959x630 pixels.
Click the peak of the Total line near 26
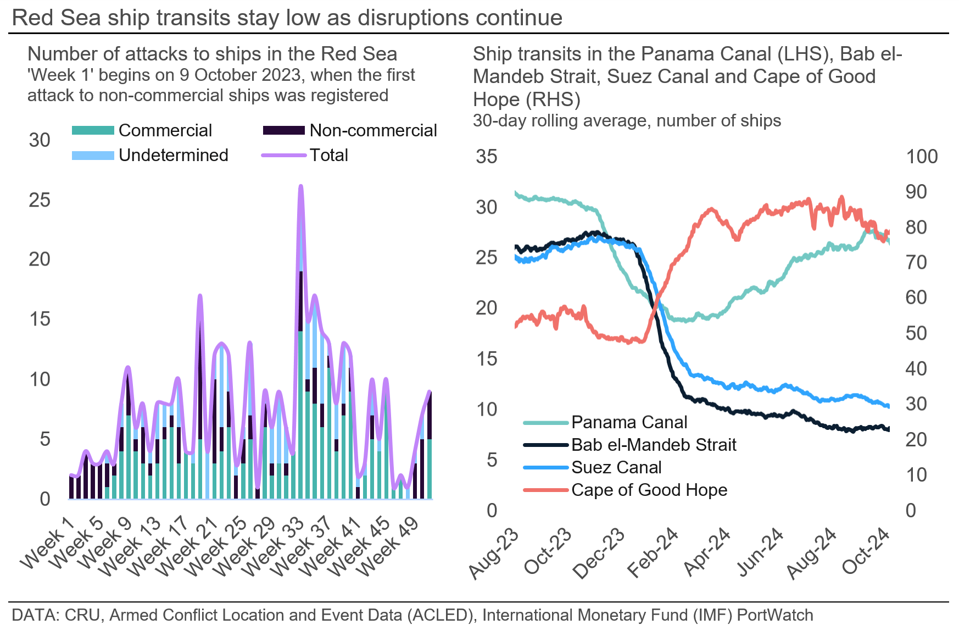tap(300, 186)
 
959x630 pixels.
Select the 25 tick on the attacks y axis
tap(40, 200)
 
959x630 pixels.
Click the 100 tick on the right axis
tap(922, 157)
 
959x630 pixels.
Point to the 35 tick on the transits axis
tap(486, 157)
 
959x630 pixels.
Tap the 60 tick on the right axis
tap(916, 297)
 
